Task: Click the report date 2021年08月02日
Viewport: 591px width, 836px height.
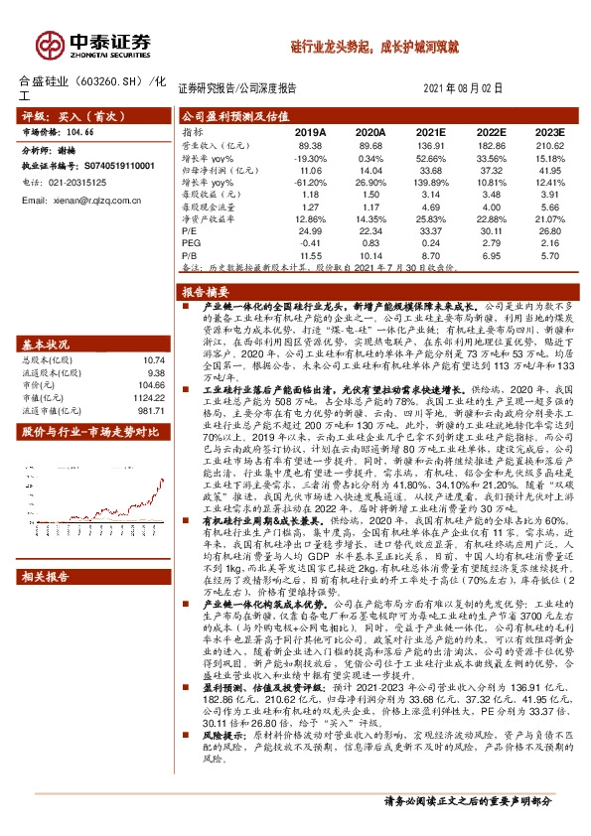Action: pyautogui.click(x=463, y=87)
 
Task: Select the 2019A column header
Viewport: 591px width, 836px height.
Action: pyautogui.click(x=311, y=131)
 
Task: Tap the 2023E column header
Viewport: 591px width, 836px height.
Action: pyautogui.click(x=548, y=131)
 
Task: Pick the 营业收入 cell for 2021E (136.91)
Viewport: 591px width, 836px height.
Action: pyautogui.click(x=430, y=144)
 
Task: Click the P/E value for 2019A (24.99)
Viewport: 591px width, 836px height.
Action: pyautogui.click(x=311, y=231)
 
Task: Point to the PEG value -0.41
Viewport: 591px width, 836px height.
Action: pyautogui.click(x=311, y=243)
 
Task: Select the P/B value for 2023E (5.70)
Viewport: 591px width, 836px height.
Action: pyautogui.click(x=548, y=255)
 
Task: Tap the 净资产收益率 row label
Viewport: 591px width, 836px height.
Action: pyautogui.click(x=209, y=218)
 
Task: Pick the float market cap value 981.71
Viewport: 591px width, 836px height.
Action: pyautogui.click(x=149, y=382)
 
